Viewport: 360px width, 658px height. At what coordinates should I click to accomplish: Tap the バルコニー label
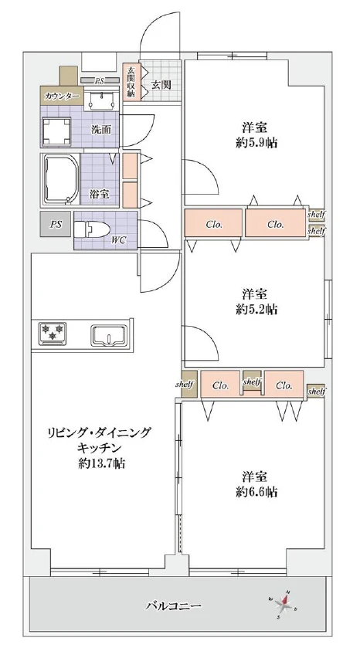[175, 607]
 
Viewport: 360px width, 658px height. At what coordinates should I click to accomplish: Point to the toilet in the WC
[95, 229]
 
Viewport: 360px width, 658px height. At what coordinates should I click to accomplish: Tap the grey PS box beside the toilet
[56, 224]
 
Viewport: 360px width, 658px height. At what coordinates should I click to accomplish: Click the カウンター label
[61, 97]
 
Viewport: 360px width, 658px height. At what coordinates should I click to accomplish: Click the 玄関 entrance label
[161, 84]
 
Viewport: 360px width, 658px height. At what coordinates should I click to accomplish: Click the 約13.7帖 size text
[102, 464]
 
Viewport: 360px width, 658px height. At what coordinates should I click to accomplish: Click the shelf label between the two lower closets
[252, 382]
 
